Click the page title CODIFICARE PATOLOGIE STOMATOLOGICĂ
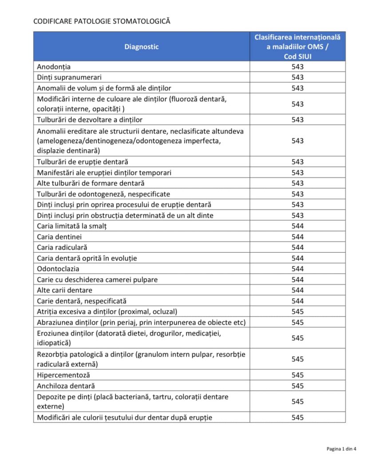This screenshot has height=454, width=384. tap(102, 21)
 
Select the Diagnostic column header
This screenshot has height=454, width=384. tap(141, 47)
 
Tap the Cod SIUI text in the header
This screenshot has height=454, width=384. tap(297, 56)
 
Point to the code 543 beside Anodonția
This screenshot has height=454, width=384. tap(297, 67)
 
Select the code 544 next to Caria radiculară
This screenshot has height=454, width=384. tap(297, 247)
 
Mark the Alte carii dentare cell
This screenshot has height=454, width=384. tap(65, 290)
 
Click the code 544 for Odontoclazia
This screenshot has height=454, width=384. tap(297, 269)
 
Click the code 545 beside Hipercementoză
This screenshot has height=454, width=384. tap(297, 375)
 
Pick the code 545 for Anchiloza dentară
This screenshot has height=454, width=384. tap(297, 386)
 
